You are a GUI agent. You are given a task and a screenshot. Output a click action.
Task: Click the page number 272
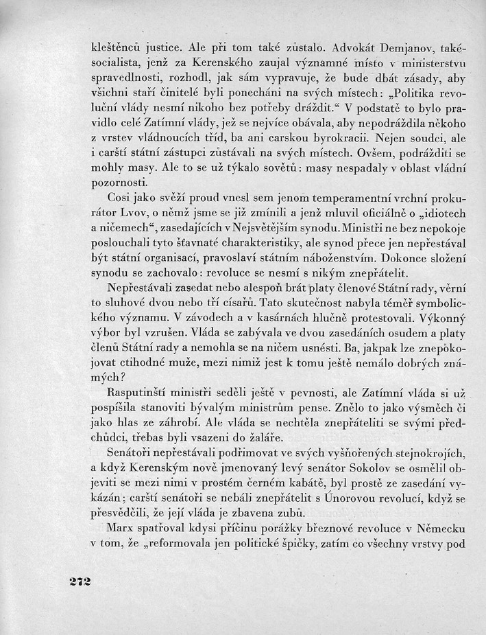click(80, 581)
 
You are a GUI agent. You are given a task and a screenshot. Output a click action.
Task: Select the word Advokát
click(332, 49)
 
